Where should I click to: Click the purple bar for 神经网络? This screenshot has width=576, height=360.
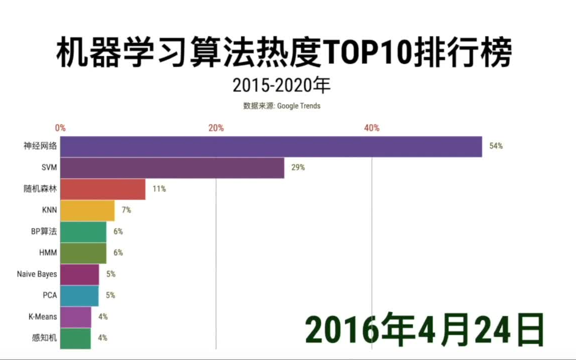pyautogui.click(x=271, y=146)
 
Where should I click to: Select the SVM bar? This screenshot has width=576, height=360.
pyautogui.click(x=172, y=168)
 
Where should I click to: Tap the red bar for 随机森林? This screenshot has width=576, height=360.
pyautogui.click(x=102, y=189)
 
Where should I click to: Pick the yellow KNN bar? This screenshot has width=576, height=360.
pyautogui.click(x=87, y=210)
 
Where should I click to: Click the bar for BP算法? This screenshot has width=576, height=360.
pyautogui.click(x=83, y=231)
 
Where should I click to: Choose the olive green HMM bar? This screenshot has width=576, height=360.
pyautogui.click(x=83, y=253)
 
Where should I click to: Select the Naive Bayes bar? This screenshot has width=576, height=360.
pyautogui.click(x=79, y=274)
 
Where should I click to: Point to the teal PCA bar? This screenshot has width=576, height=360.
pyautogui.click(x=79, y=295)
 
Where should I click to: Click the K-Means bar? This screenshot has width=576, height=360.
pyautogui.click(x=75, y=316)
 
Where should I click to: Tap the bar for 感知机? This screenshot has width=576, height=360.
pyautogui.click(x=75, y=338)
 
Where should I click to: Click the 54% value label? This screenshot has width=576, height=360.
pyautogui.click(x=495, y=146)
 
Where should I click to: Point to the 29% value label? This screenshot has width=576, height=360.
pyautogui.click(x=298, y=168)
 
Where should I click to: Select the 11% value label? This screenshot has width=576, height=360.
pyautogui.click(x=159, y=189)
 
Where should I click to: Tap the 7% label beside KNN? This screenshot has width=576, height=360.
pyautogui.click(x=126, y=210)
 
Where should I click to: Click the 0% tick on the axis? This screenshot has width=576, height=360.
pyautogui.click(x=60, y=128)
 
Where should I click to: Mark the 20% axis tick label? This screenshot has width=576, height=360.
pyautogui.click(x=216, y=128)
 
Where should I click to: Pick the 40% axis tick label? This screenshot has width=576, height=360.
pyautogui.click(x=371, y=128)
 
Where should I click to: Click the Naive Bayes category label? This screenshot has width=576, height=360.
pyautogui.click(x=36, y=274)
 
